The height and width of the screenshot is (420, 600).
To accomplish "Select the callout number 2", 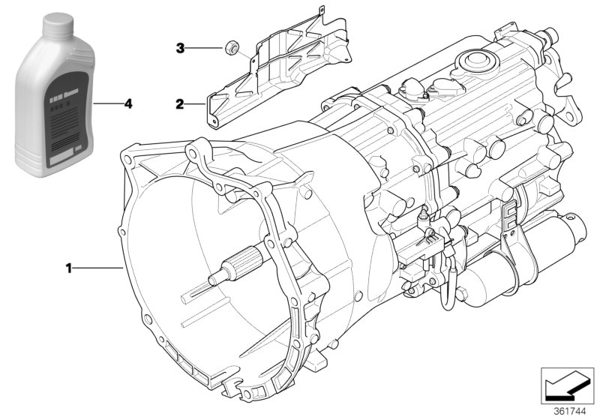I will coord(179,105).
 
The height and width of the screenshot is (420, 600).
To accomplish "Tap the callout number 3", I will coord(179,49).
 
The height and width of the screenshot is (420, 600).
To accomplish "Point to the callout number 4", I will coord(128,104).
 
